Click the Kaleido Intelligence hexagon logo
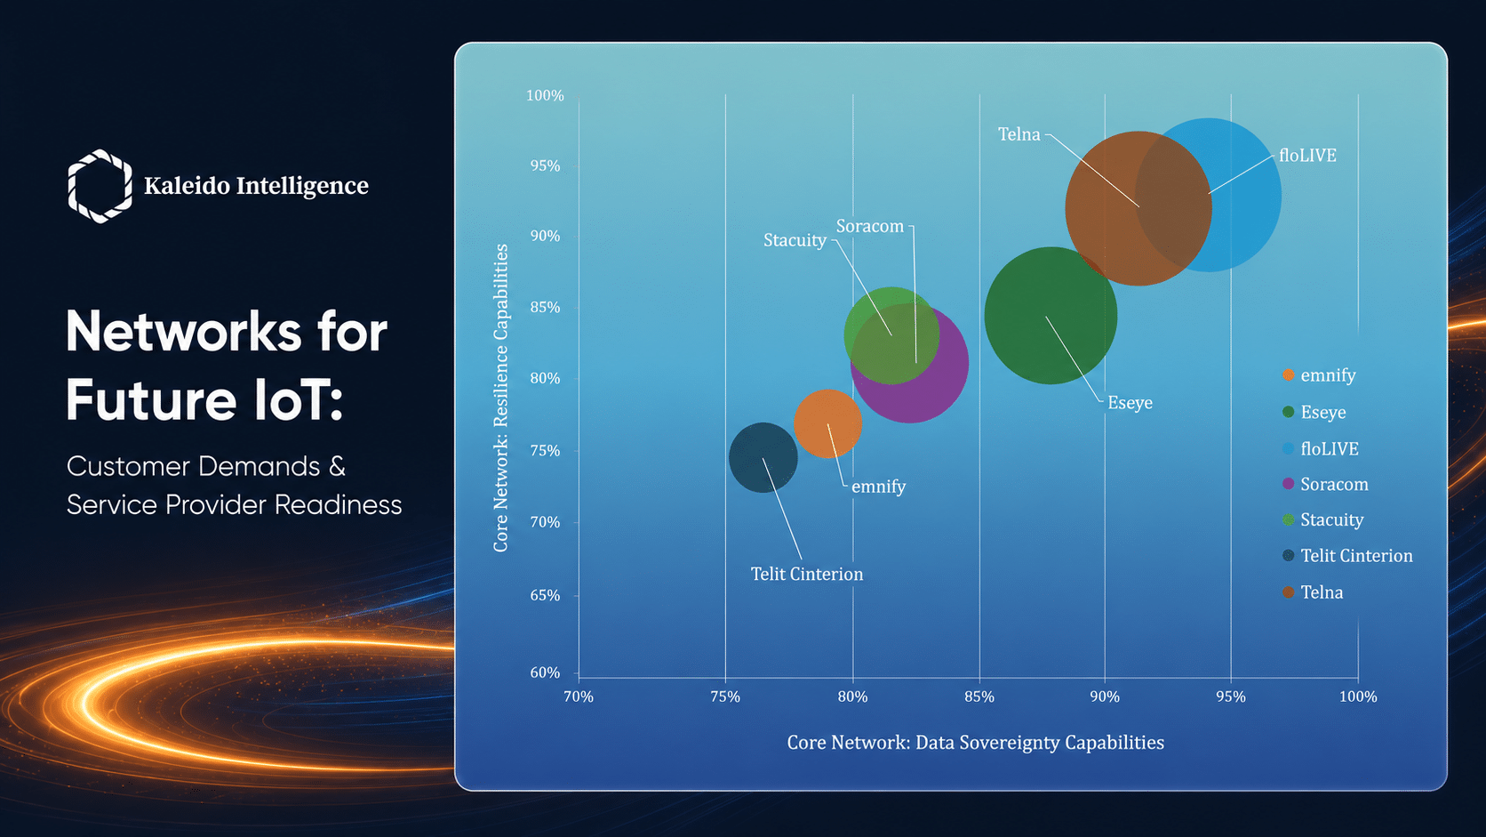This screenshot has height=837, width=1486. coord(100,186)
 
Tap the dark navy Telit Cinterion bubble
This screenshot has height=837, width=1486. coord(763,457)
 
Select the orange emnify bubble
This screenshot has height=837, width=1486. coord(827,423)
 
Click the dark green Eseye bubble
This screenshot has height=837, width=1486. coord(1051,315)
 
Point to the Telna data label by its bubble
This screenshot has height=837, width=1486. coord(1019,134)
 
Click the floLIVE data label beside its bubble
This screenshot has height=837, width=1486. coord(1307,156)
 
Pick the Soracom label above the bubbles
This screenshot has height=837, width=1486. coord(870,226)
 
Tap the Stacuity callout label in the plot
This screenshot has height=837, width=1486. coord(795,240)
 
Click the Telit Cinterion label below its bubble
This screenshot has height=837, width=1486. coord(807,574)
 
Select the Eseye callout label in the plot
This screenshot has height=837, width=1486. coord(1130,403)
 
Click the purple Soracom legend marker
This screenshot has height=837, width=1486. coord(1289,484)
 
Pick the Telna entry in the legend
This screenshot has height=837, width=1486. coord(1313,592)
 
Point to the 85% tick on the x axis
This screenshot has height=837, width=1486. coord(979,697)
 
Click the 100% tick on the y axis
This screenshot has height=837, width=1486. coord(545,95)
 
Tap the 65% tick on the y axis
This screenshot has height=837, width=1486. coord(545,595)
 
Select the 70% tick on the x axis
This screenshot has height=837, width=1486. coord(578,697)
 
